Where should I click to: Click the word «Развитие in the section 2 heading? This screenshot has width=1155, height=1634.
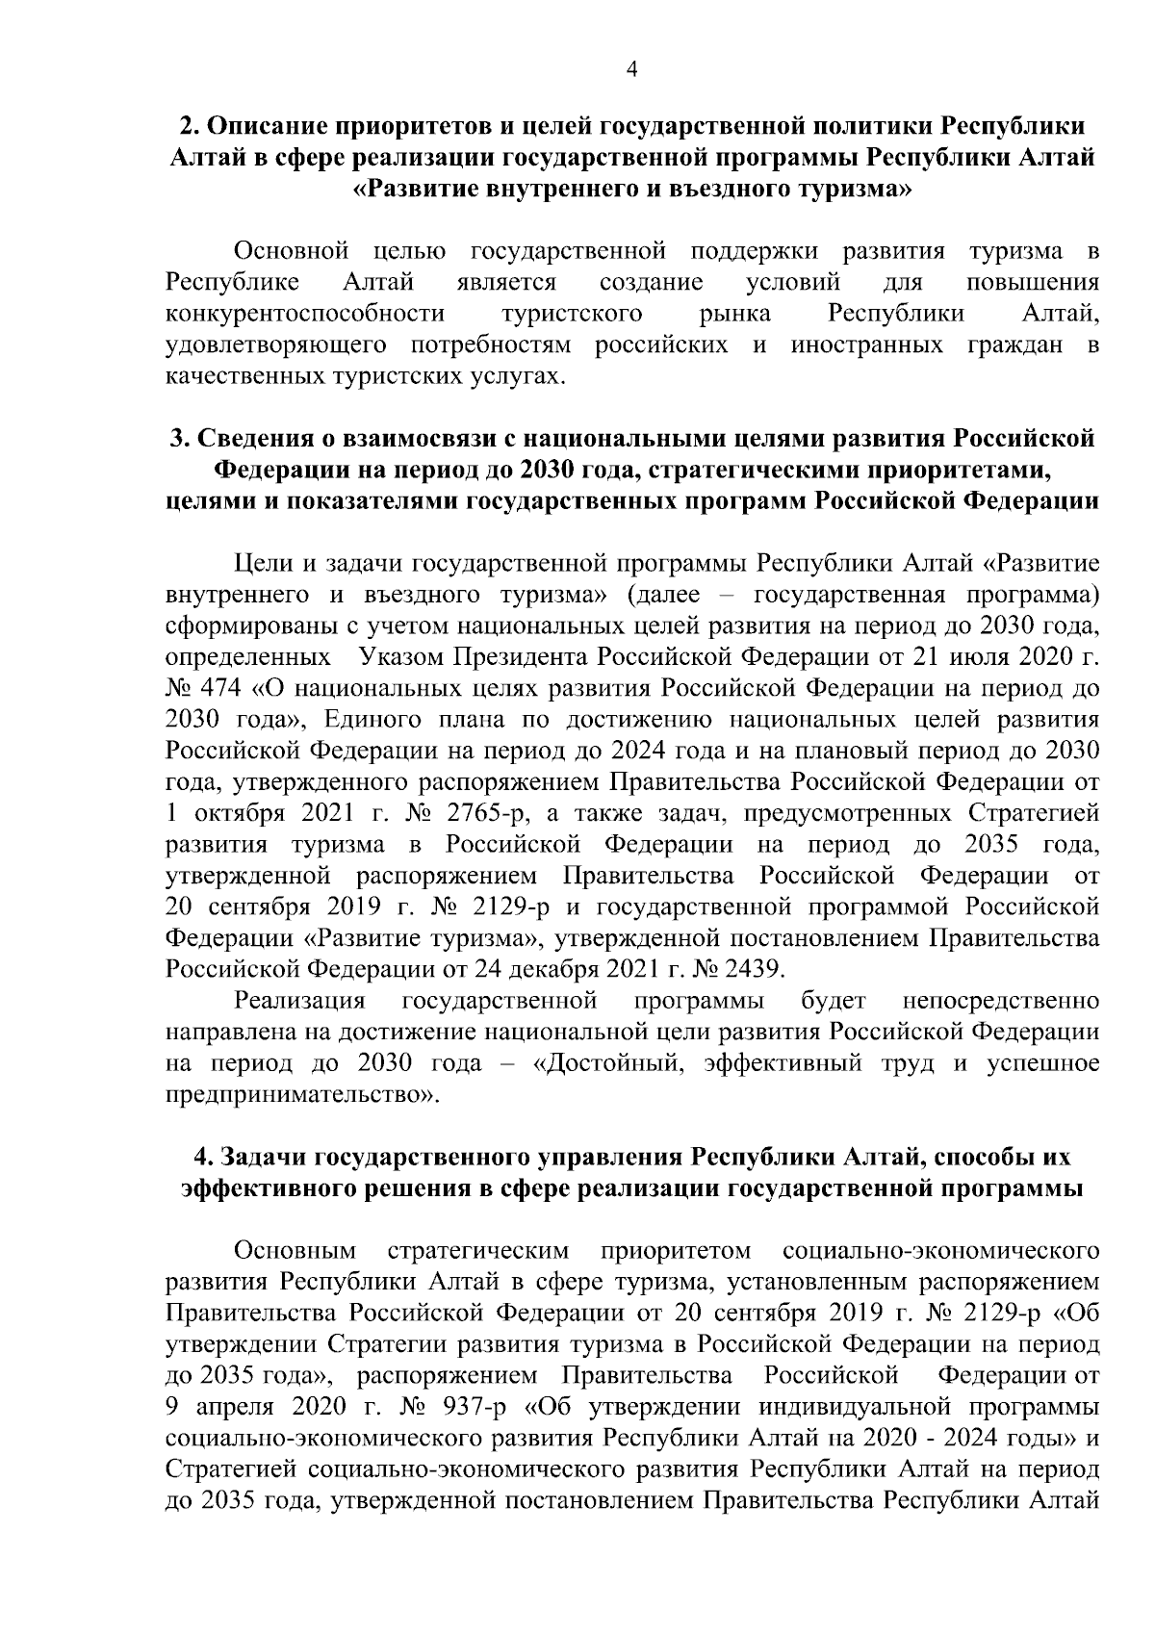click(419, 189)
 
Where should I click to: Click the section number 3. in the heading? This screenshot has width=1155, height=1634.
click(180, 439)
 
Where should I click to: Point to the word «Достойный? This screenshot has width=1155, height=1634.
click(608, 1064)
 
